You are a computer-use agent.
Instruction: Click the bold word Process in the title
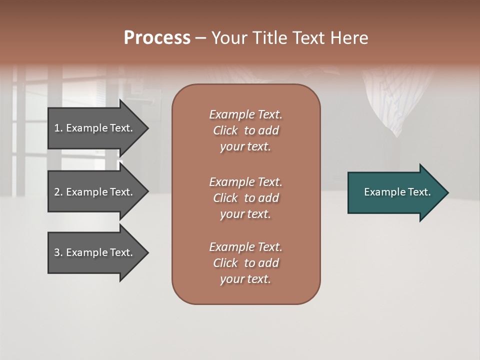coord(157,38)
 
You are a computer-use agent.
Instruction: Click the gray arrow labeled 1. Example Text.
coord(95,128)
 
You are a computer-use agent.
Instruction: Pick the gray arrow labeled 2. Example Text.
coord(95,192)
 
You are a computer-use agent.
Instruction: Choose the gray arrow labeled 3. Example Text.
coord(95,252)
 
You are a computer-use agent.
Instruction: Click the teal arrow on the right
coord(395,192)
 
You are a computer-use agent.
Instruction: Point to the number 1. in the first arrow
coord(58,128)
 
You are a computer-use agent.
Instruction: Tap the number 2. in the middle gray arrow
coord(58,192)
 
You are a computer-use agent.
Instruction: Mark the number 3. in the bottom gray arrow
coord(58,252)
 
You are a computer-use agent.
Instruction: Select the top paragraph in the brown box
coord(245,130)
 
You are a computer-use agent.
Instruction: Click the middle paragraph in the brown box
coord(245,197)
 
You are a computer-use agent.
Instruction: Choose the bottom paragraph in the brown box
coord(245,263)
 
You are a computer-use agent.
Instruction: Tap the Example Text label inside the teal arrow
coord(397,192)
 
